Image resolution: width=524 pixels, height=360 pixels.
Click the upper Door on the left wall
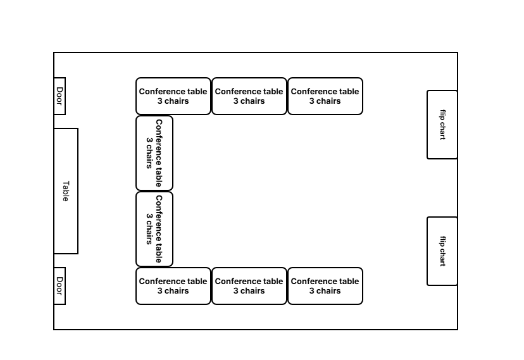pos(59,96)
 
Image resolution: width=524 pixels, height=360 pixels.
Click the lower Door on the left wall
pos(59,286)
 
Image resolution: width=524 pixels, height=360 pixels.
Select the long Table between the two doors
pos(66,191)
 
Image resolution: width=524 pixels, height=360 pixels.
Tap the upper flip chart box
pos(442,125)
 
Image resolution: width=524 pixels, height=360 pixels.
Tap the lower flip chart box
pos(442,251)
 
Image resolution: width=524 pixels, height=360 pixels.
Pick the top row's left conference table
pos(173,96)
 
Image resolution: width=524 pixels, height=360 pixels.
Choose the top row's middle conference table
pos(249,96)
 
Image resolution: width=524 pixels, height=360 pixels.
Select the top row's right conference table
pos(325,96)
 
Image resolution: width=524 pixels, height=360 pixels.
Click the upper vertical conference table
pos(154,153)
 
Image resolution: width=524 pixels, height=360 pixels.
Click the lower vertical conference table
pos(154,229)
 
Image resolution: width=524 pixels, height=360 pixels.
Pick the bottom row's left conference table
pos(173,286)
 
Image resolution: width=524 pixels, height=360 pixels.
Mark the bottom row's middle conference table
pos(249,286)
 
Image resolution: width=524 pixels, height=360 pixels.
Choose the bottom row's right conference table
pos(325,286)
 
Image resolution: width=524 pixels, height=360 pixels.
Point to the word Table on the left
pos(66,191)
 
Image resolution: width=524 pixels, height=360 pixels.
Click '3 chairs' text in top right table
pos(325,101)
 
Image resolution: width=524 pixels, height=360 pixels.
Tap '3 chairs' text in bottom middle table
pos(249,291)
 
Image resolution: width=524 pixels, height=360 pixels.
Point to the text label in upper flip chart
pos(442,125)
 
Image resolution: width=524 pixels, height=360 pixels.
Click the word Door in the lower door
pos(59,286)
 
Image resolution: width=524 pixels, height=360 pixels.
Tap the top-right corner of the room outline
pos(458,53)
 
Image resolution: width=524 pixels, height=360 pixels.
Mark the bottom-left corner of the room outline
pos(54,330)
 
